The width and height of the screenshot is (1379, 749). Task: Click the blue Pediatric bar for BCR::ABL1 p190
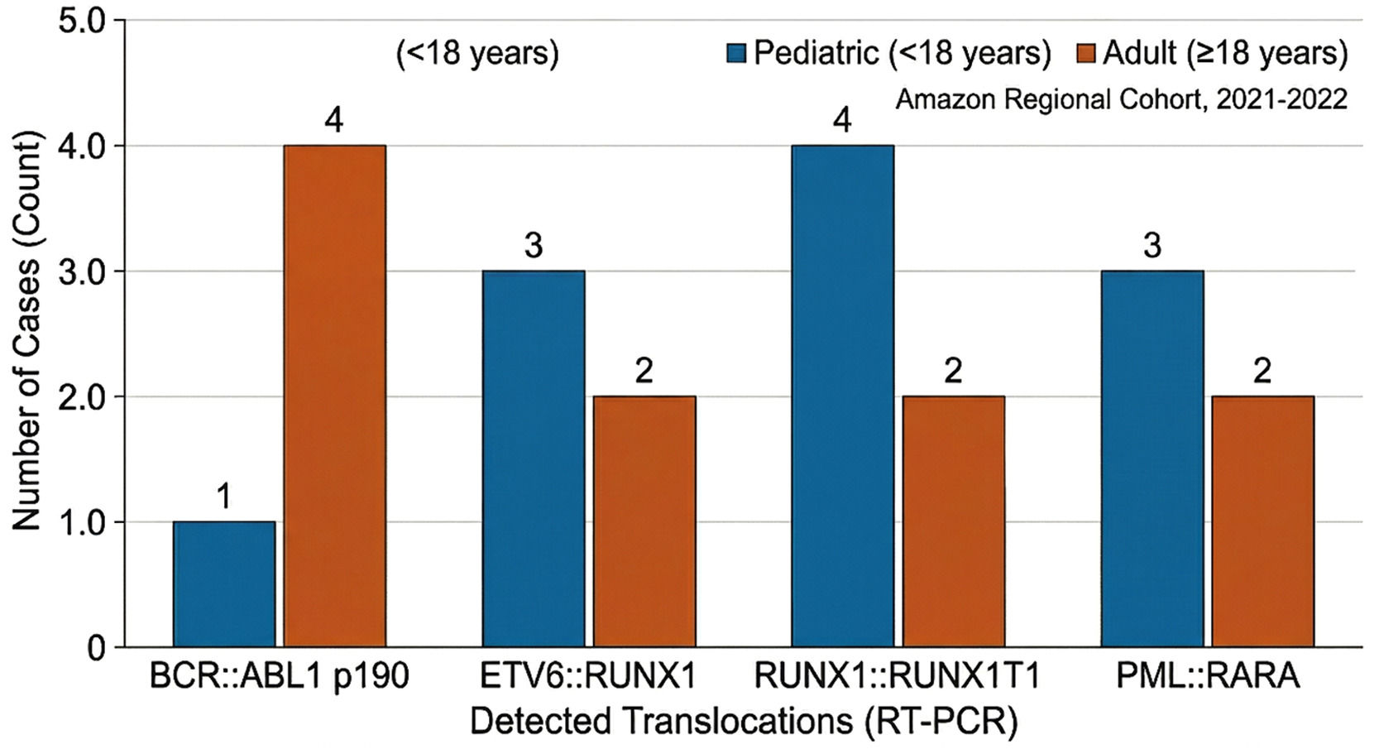(x=224, y=584)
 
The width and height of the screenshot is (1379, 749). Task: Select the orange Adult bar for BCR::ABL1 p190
(x=334, y=396)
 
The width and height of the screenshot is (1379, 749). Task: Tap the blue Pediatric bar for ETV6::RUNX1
(x=534, y=459)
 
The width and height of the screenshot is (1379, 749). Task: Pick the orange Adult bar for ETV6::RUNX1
(x=644, y=521)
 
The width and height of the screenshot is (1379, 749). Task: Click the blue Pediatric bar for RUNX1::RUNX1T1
(x=843, y=396)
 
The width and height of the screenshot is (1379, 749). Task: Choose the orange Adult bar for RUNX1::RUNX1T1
(x=954, y=521)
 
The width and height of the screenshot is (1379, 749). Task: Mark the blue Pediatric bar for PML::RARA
(x=1152, y=459)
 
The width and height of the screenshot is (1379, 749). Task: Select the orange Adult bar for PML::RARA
(x=1262, y=521)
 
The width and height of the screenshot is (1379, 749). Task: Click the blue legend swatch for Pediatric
(x=735, y=53)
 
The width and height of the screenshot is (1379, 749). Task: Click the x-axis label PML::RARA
(x=1208, y=676)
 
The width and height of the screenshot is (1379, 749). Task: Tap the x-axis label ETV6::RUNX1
(x=588, y=676)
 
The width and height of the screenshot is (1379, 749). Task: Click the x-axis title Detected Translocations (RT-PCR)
(x=744, y=722)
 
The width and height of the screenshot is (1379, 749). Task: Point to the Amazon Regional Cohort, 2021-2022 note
(x=1122, y=99)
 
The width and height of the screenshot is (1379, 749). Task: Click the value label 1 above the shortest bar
(x=225, y=497)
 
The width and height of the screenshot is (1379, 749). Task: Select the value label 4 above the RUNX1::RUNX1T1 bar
(x=843, y=121)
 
